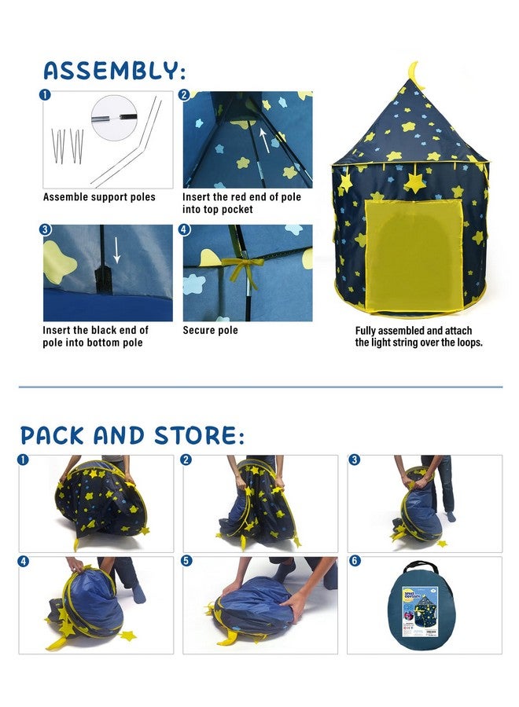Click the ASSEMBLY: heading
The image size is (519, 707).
(x=114, y=70)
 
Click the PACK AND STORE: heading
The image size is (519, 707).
(x=132, y=435)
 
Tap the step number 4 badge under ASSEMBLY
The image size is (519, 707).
(x=185, y=230)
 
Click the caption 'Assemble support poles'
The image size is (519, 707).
(x=99, y=197)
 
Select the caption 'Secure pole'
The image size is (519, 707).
(x=210, y=331)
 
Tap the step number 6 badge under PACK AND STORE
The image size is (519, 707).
(x=355, y=562)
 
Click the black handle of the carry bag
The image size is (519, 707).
(x=424, y=566)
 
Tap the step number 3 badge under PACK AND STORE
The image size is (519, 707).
(x=355, y=460)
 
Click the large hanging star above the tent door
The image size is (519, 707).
(x=414, y=183)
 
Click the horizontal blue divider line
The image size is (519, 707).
(x=259, y=387)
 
